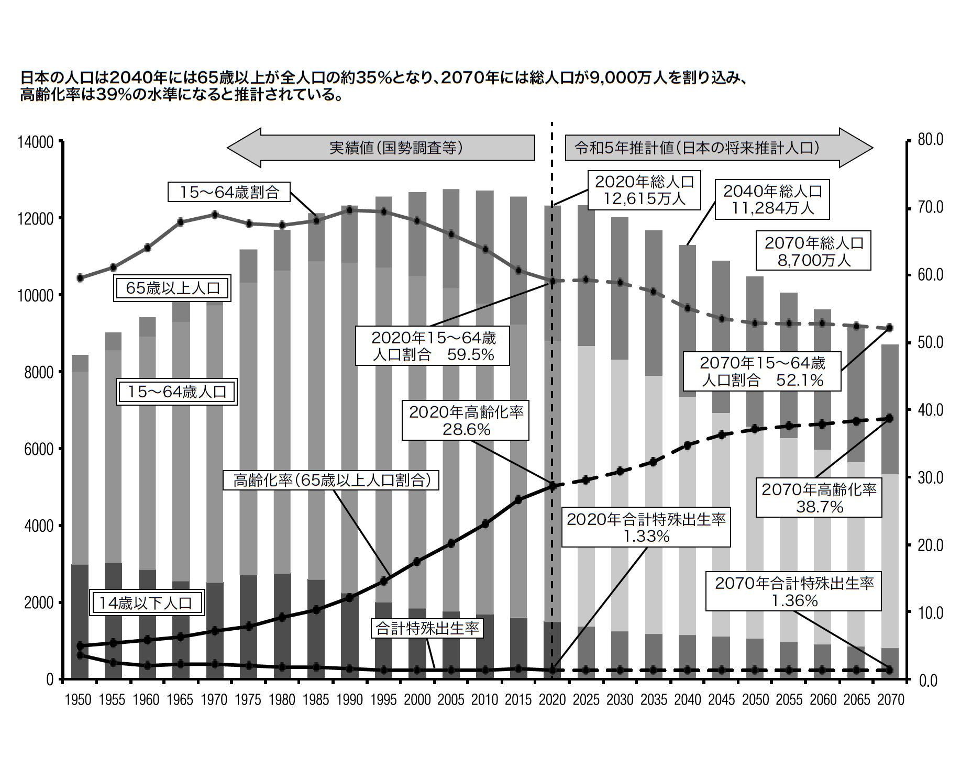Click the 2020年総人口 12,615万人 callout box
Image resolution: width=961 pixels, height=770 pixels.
point(644,190)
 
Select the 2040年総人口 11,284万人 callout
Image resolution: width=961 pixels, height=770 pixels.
point(772,199)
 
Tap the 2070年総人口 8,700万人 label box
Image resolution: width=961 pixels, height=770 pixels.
point(813,251)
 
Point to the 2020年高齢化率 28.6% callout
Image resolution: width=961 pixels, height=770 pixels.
point(466,420)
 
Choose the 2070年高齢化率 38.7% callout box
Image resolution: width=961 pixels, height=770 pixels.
point(819,498)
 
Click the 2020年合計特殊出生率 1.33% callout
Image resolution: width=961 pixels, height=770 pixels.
point(646,527)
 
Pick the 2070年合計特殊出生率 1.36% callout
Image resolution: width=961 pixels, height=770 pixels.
point(794,592)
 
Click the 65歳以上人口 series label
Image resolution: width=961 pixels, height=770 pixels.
point(172,288)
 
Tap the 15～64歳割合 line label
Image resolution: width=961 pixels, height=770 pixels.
point(229,192)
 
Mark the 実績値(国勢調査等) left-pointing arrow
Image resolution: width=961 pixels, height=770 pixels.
point(381,148)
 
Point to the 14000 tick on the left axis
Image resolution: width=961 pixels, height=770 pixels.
point(36,142)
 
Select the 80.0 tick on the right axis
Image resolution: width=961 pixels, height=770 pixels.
point(931,140)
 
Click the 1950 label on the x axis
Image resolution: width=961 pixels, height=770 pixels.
point(78,700)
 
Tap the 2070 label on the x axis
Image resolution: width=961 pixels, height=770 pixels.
point(891,700)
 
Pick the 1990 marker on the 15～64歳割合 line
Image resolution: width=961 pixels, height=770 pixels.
point(350,210)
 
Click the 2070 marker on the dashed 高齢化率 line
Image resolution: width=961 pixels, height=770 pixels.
point(890,418)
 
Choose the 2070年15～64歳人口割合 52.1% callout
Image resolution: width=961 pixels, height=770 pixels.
point(763,371)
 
